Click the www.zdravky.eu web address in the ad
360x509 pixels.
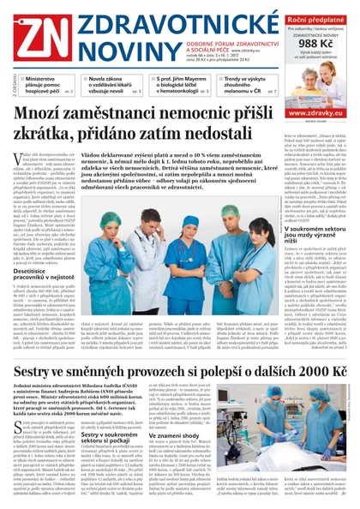[x=315, y=112]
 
